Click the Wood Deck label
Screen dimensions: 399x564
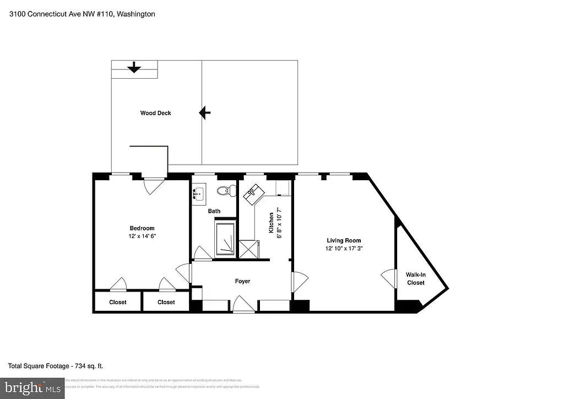coord(155,113)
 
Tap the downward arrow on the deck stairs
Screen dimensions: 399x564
coord(133,68)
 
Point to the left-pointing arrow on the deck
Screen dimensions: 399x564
coord(204,113)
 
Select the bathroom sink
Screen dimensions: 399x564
coord(198,194)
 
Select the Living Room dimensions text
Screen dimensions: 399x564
coord(344,249)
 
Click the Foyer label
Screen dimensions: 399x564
coord(242,281)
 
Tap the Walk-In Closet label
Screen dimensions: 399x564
coord(416,278)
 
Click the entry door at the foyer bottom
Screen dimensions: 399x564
coord(243,305)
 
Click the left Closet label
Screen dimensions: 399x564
coord(117,302)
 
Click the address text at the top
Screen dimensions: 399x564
coord(82,14)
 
